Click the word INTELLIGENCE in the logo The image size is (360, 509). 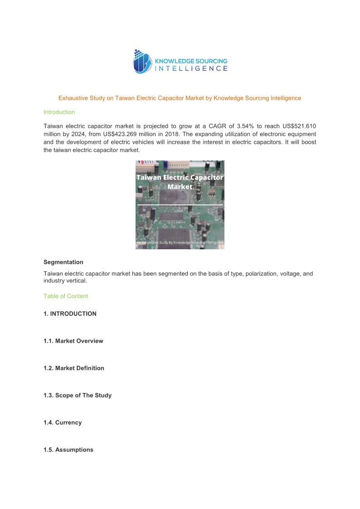[x=191, y=68]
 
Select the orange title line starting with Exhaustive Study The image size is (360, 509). [x=180, y=98]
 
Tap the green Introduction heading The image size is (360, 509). [x=59, y=112]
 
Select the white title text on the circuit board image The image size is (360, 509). [x=180, y=182]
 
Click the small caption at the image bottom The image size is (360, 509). [x=180, y=243]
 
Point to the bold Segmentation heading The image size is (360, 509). [x=63, y=262]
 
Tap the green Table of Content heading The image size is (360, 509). [x=66, y=296]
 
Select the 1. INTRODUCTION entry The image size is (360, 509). [x=70, y=314]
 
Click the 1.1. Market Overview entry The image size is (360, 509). [x=73, y=341]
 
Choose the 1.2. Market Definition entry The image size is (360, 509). [x=73, y=368]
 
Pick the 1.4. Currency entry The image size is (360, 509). [x=63, y=422]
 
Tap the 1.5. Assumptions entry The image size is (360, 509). [x=68, y=450]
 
